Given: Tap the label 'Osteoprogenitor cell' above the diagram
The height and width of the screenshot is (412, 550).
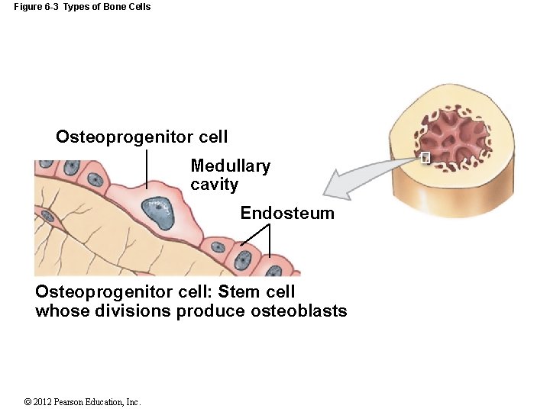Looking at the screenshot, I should [x=141, y=137].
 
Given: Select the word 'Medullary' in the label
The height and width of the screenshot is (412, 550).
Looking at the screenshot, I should [x=230, y=166].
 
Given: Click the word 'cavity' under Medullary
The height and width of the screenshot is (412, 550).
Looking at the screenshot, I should [x=214, y=185].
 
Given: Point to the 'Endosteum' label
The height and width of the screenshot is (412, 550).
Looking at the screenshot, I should [x=287, y=214].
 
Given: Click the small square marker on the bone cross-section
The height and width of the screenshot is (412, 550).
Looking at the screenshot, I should [x=425, y=158].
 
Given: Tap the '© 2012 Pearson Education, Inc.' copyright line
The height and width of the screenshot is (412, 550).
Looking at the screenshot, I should [x=82, y=402].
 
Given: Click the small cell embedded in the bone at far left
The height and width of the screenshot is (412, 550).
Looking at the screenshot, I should [x=47, y=215].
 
